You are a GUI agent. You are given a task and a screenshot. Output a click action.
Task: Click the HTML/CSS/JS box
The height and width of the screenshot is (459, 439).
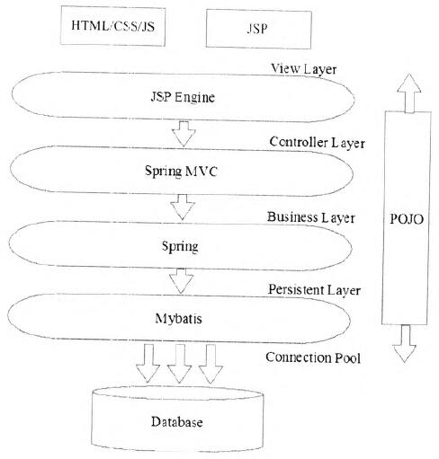point(112,26)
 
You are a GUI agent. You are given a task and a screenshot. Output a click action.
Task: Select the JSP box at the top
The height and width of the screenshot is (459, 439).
point(258,29)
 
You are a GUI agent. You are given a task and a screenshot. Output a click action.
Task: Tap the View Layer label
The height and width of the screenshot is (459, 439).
point(303,69)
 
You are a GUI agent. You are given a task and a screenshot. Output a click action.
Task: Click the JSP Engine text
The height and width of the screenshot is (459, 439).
point(183,97)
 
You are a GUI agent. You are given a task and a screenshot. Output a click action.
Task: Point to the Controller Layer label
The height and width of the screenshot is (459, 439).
point(317,143)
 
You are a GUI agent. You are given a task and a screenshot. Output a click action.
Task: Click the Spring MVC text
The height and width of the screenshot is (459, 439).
point(181,171)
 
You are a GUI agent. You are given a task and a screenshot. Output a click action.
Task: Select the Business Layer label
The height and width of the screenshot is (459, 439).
point(311,217)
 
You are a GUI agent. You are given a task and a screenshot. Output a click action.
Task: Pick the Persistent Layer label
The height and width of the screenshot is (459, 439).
point(314,290)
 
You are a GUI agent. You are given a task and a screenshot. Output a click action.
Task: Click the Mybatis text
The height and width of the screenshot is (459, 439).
point(178,319)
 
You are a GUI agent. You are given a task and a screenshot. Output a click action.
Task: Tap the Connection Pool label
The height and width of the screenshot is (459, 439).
point(313,357)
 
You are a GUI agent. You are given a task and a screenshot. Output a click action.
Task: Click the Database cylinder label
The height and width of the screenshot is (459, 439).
point(177,422)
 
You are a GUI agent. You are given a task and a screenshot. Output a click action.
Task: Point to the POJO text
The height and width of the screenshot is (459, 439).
point(407,219)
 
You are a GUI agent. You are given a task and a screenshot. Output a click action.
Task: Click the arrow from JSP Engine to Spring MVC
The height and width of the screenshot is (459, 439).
point(184,134)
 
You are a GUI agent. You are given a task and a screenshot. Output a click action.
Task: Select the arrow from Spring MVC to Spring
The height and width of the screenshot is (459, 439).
point(183,207)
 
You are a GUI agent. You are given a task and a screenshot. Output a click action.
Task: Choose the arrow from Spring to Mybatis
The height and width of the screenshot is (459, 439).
point(182,281)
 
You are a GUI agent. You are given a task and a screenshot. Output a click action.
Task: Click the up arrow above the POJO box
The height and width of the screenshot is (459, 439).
point(409,93)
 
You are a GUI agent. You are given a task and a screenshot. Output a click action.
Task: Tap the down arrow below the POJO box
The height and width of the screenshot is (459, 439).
point(405,344)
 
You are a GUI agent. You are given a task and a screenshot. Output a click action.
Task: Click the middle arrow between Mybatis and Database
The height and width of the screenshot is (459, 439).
point(179,364)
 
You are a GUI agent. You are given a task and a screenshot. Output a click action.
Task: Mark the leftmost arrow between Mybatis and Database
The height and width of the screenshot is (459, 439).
point(148,363)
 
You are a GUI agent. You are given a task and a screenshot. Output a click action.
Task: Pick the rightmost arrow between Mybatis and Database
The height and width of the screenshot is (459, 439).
point(211,364)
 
